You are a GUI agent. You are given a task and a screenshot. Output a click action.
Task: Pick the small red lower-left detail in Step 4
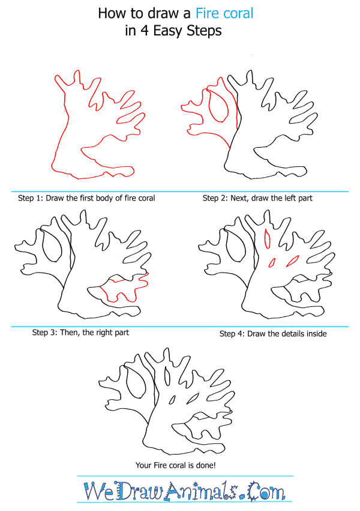pos(272,262)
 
